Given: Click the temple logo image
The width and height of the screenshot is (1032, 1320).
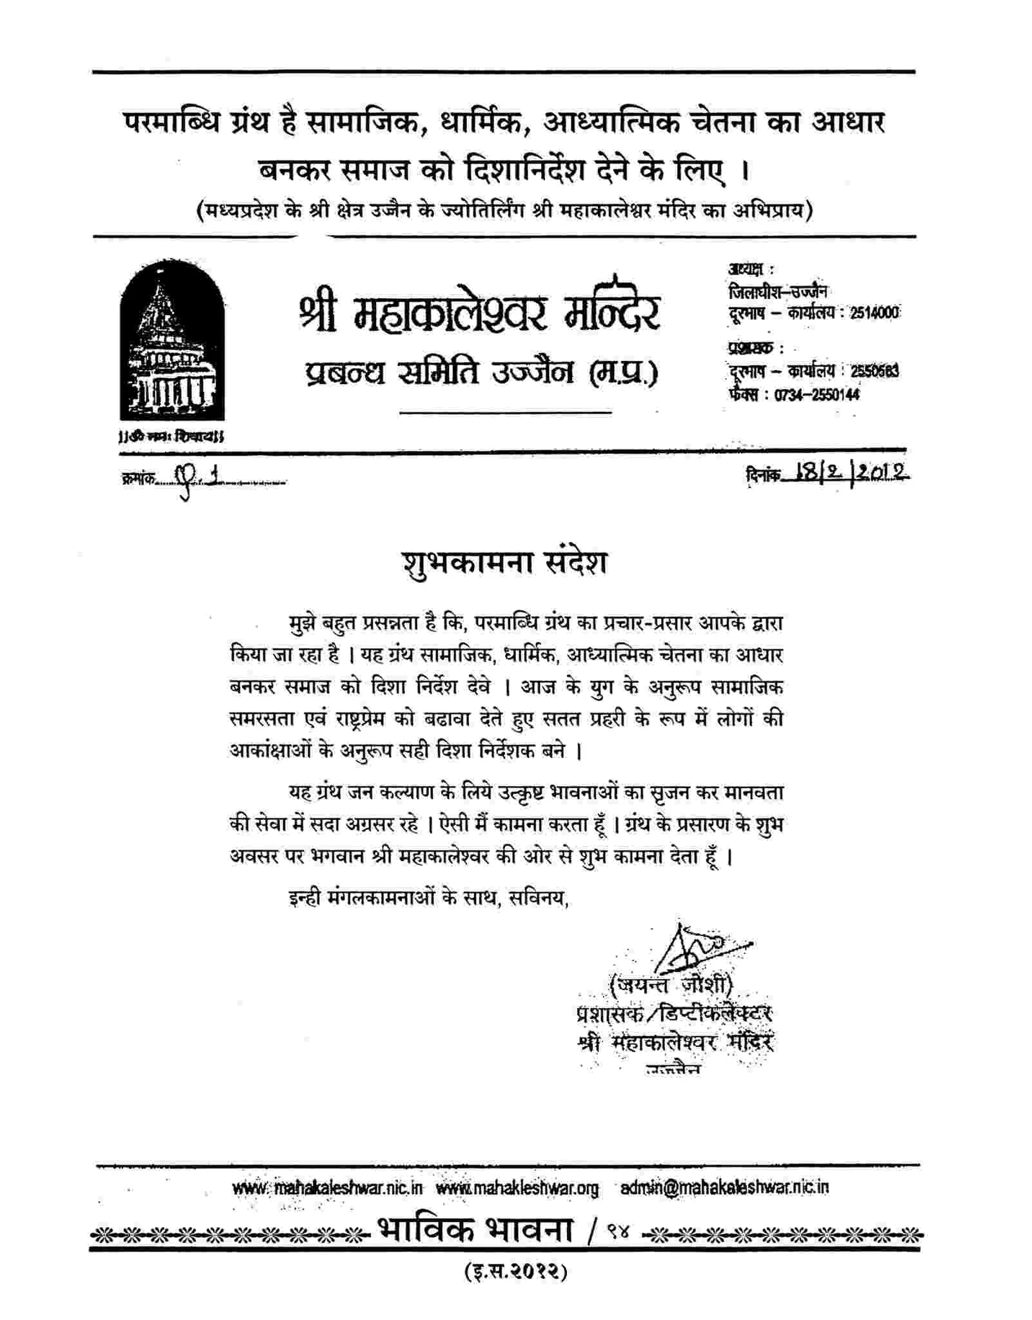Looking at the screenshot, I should (172, 343).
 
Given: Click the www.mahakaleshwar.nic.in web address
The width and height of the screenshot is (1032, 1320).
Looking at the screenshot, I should (327, 1188).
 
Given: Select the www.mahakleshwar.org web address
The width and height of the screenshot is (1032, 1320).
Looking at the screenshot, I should (517, 1188).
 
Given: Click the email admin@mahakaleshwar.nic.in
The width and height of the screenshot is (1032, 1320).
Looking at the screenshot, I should (724, 1188).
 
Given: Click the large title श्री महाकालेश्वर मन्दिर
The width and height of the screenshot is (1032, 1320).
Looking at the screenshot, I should (479, 309).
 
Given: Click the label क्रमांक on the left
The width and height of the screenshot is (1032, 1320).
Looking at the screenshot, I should (137, 479).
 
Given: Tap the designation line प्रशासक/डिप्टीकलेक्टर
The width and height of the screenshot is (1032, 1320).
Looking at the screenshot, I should (673, 1013).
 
